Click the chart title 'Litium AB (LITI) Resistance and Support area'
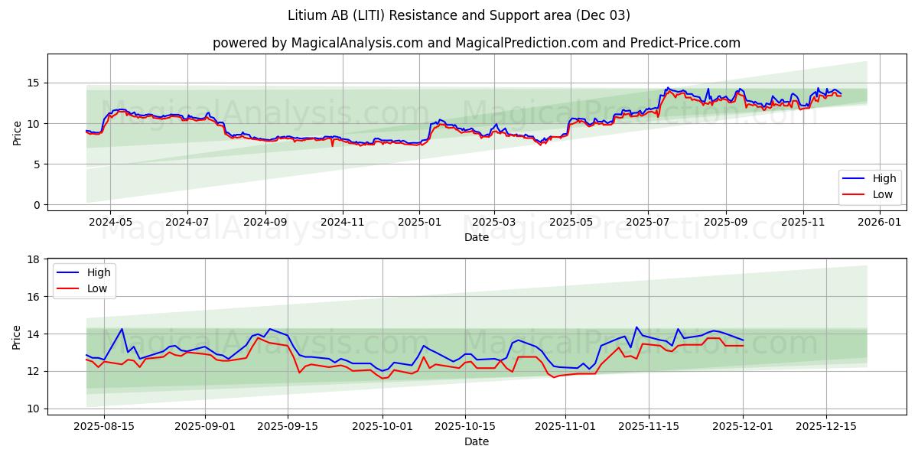click(x=459, y=15)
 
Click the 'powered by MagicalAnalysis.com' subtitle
click(x=317, y=43)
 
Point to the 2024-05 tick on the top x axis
click(x=110, y=222)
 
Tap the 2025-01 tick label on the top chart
click(x=419, y=222)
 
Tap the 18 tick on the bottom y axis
click(x=34, y=259)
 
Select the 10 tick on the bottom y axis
click(x=34, y=409)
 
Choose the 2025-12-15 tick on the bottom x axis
click(x=826, y=425)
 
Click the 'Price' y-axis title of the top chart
click(x=18, y=132)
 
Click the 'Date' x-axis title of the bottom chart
click(x=477, y=441)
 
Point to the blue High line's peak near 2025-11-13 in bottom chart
click(x=636, y=327)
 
